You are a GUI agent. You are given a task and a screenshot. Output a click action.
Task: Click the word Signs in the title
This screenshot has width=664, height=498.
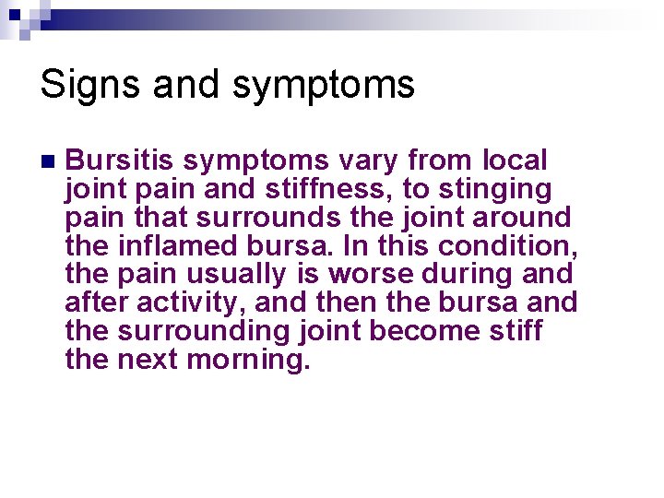coord(87,86)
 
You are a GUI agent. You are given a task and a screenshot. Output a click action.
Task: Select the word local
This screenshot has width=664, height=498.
coord(515,161)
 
